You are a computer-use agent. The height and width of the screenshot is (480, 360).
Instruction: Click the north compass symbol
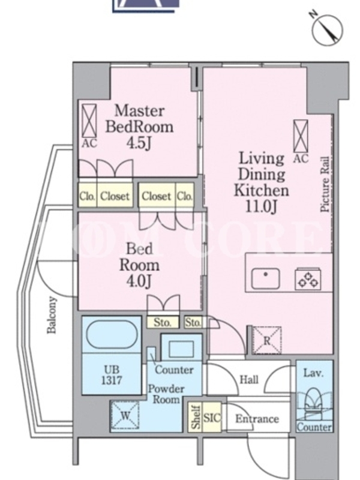pyautogui.click(x=327, y=29)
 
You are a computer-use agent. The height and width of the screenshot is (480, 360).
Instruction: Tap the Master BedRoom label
pyautogui.click(x=139, y=119)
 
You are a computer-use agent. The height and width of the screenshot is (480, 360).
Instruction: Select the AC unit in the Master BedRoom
pyautogui.click(x=89, y=121)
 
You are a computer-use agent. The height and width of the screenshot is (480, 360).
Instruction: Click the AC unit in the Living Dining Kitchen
pyautogui.click(x=301, y=136)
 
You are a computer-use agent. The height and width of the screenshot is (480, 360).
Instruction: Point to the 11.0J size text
pyautogui.click(x=262, y=206)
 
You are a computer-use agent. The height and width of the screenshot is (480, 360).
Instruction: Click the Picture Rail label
pyautogui.click(x=325, y=184)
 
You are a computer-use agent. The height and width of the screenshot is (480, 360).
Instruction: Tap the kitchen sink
pyautogui.click(x=265, y=278)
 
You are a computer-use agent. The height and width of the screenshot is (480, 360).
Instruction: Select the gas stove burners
pyautogui.click(x=308, y=279)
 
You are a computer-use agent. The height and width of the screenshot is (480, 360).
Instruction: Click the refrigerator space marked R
pyautogui.click(x=267, y=340)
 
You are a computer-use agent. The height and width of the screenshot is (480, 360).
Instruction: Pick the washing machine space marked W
pyautogui.click(x=125, y=415)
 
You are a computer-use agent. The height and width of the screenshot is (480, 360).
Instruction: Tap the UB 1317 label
pyautogui.click(x=112, y=375)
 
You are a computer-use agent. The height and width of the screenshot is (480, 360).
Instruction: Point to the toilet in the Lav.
pyautogui.click(x=314, y=400)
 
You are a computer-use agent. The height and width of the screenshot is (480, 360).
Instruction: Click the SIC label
pyautogui.click(x=212, y=418)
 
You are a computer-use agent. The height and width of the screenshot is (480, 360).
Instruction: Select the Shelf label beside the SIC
pyautogui.click(x=196, y=417)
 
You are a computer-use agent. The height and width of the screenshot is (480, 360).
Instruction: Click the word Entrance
pyautogui.click(x=257, y=419)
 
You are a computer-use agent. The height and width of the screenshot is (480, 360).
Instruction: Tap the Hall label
pyautogui.click(x=249, y=380)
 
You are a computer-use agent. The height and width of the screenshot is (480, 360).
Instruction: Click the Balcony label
pyautogui.click(x=52, y=315)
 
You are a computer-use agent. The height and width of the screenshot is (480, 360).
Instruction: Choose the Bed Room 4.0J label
pyautogui.click(x=139, y=265)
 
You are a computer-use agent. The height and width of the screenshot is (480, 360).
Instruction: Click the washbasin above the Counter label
pyautogui.click(x=181, y=349)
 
